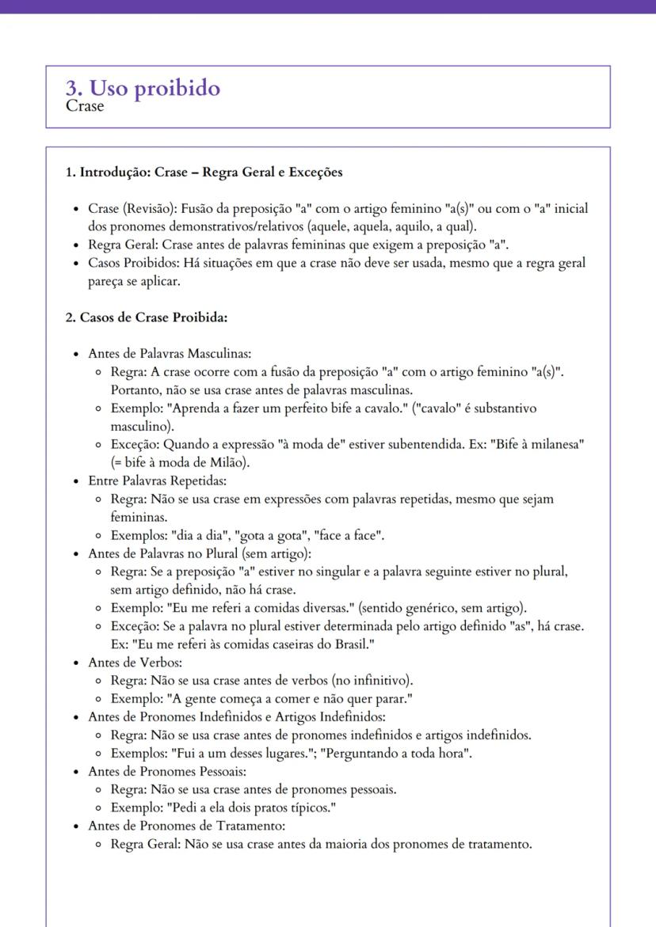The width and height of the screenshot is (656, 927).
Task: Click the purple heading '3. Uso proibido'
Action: pyautogui.click(x=143, y=88)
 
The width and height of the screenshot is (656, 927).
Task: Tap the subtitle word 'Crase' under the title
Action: pyautogui.click(x=85, y=106)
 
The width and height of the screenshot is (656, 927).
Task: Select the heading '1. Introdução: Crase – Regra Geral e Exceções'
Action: pyautogui.click(x=204, y=172)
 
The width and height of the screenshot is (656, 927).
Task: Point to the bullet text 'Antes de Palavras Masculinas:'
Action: pyautogui.click(x=170, y=353)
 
